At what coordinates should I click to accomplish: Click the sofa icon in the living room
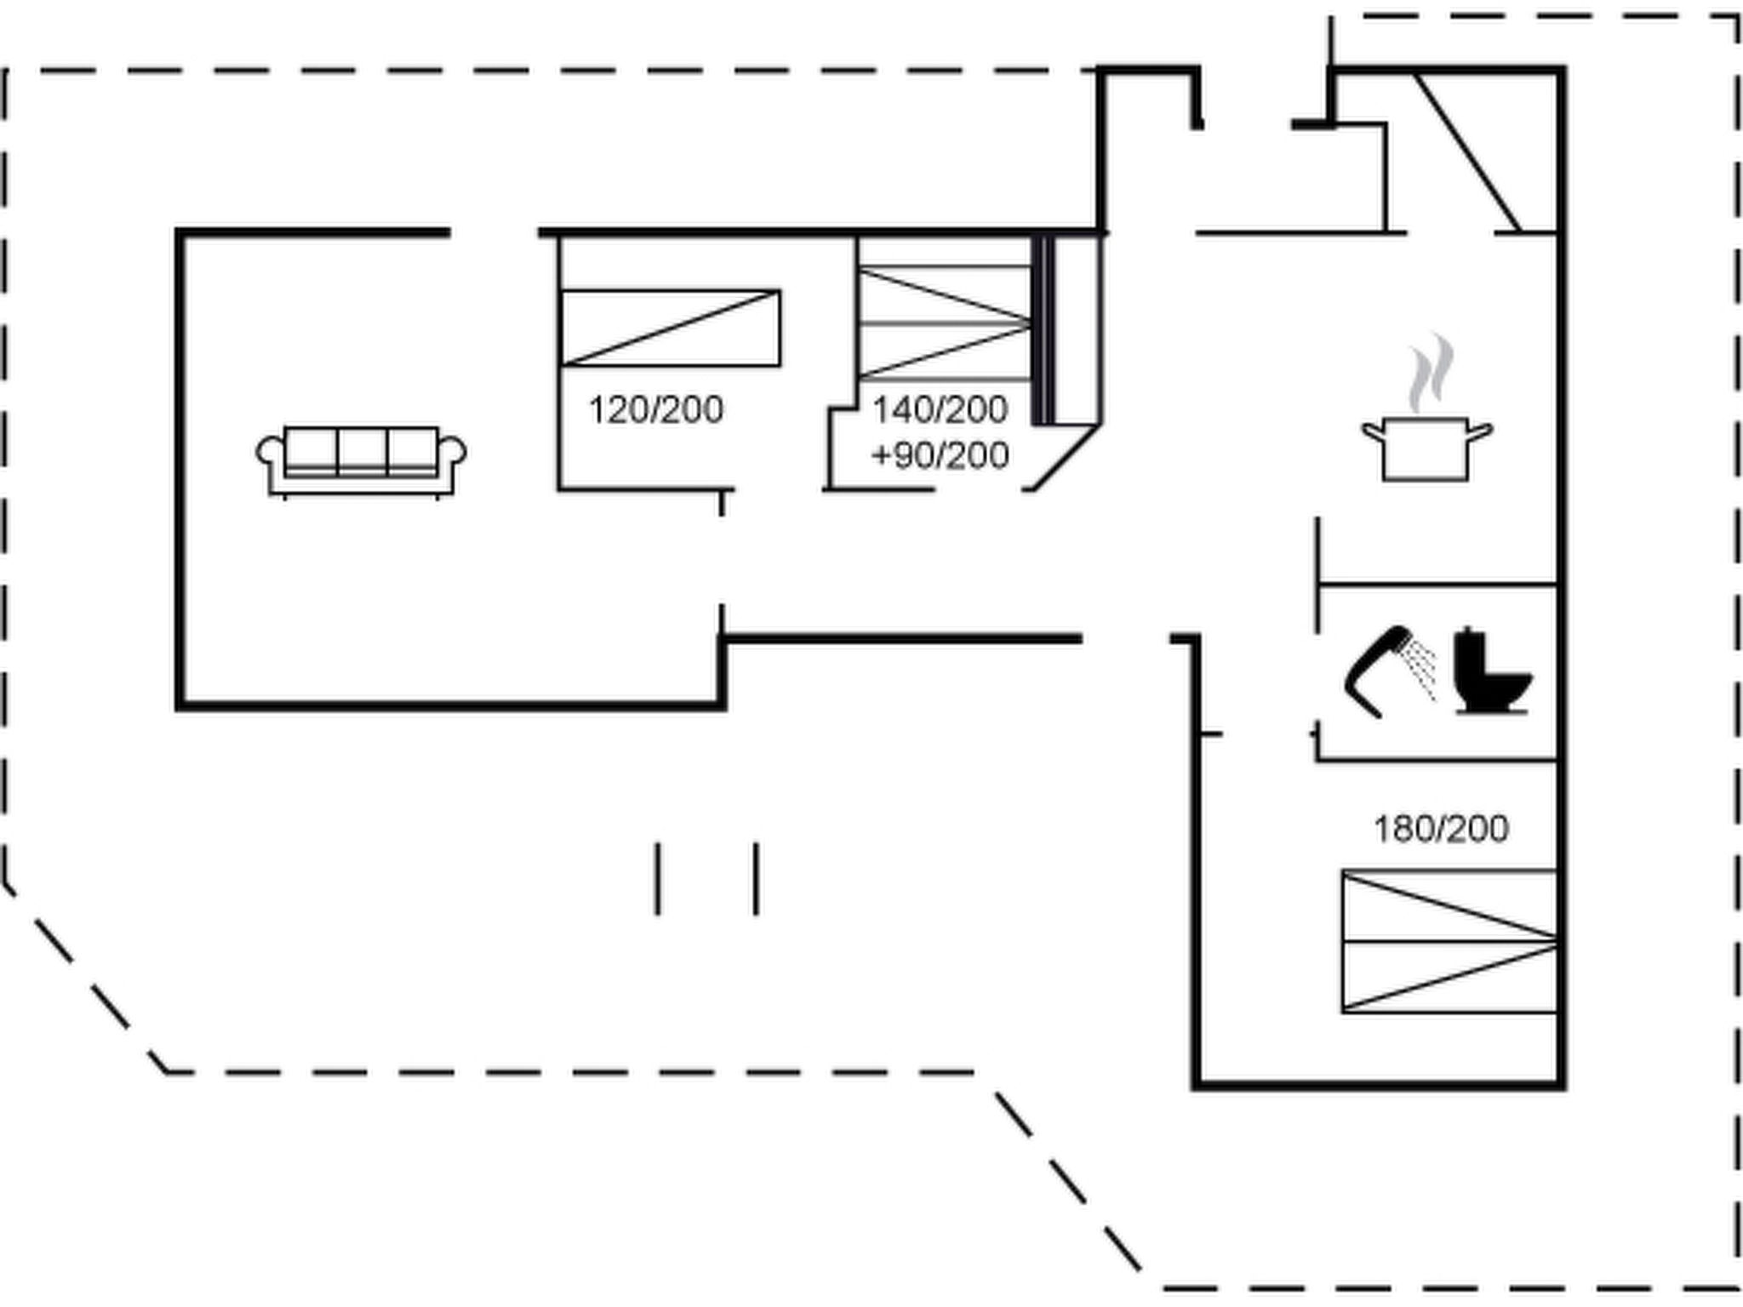click(361, 460)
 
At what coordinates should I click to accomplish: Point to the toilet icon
click(1491, 672)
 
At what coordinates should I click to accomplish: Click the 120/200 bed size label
click(655, 410)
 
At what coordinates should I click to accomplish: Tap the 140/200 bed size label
click(940, 410)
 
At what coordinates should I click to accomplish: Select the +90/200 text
click(940, 456)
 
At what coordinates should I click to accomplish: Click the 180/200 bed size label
click(1441, 829)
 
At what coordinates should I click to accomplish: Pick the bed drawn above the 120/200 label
click(670, 328)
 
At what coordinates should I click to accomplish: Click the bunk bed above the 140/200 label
click(944, 323)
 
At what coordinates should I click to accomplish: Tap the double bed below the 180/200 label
click(1449, 941)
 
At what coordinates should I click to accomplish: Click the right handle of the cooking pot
click(1481, 432)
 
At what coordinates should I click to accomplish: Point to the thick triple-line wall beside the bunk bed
click(1043, 330)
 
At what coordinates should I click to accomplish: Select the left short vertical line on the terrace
click(657, 879)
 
